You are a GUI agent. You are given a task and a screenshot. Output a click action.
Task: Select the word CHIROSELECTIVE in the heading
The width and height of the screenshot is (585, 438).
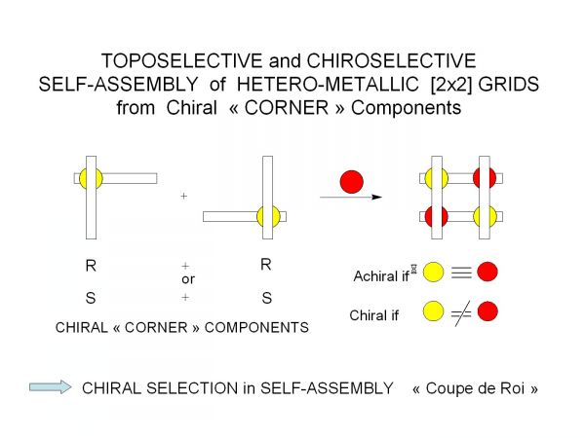click(391, 60)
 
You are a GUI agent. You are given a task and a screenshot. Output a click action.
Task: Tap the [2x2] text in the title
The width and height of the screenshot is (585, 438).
click(451, 84)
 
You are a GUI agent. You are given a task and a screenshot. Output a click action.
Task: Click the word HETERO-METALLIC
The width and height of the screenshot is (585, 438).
click(328, 84)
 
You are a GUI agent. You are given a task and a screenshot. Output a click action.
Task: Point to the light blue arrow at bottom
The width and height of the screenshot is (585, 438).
click(51, 387)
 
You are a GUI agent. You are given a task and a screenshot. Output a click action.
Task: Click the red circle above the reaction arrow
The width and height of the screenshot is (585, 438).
click(351, 182)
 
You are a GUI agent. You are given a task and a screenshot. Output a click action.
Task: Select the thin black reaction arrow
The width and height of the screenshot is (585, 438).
click(351, 197)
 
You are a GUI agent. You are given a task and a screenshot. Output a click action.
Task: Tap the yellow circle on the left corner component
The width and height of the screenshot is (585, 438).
click(91, 178)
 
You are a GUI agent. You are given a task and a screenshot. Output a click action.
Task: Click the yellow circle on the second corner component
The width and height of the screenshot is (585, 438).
click(268, 216)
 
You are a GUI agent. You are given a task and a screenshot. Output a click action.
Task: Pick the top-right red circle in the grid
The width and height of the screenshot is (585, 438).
click(485, 178)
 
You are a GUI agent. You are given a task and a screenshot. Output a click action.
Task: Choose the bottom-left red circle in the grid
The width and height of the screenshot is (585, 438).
click(436, 216)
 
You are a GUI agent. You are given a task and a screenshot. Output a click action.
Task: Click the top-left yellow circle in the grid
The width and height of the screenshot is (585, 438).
click(436, 178)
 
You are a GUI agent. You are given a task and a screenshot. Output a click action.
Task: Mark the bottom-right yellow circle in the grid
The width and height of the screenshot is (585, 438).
click(485, 216)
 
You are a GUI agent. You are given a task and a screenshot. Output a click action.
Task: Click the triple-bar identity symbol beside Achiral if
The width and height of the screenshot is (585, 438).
click(461, 273)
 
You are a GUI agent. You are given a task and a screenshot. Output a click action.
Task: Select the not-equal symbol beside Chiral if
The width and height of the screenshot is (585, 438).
click(461, 313)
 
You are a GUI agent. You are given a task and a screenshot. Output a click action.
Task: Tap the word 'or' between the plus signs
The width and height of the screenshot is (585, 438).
click(188, 279)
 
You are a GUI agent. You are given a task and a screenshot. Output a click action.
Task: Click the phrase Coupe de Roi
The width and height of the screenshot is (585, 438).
click(475, 388)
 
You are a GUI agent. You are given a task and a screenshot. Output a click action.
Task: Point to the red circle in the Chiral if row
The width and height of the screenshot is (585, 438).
click(487, 311)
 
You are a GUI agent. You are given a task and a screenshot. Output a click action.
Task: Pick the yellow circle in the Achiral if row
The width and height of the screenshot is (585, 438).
click(434, 272)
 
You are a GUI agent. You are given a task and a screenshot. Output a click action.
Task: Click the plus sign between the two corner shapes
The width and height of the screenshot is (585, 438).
click(183, 196)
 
